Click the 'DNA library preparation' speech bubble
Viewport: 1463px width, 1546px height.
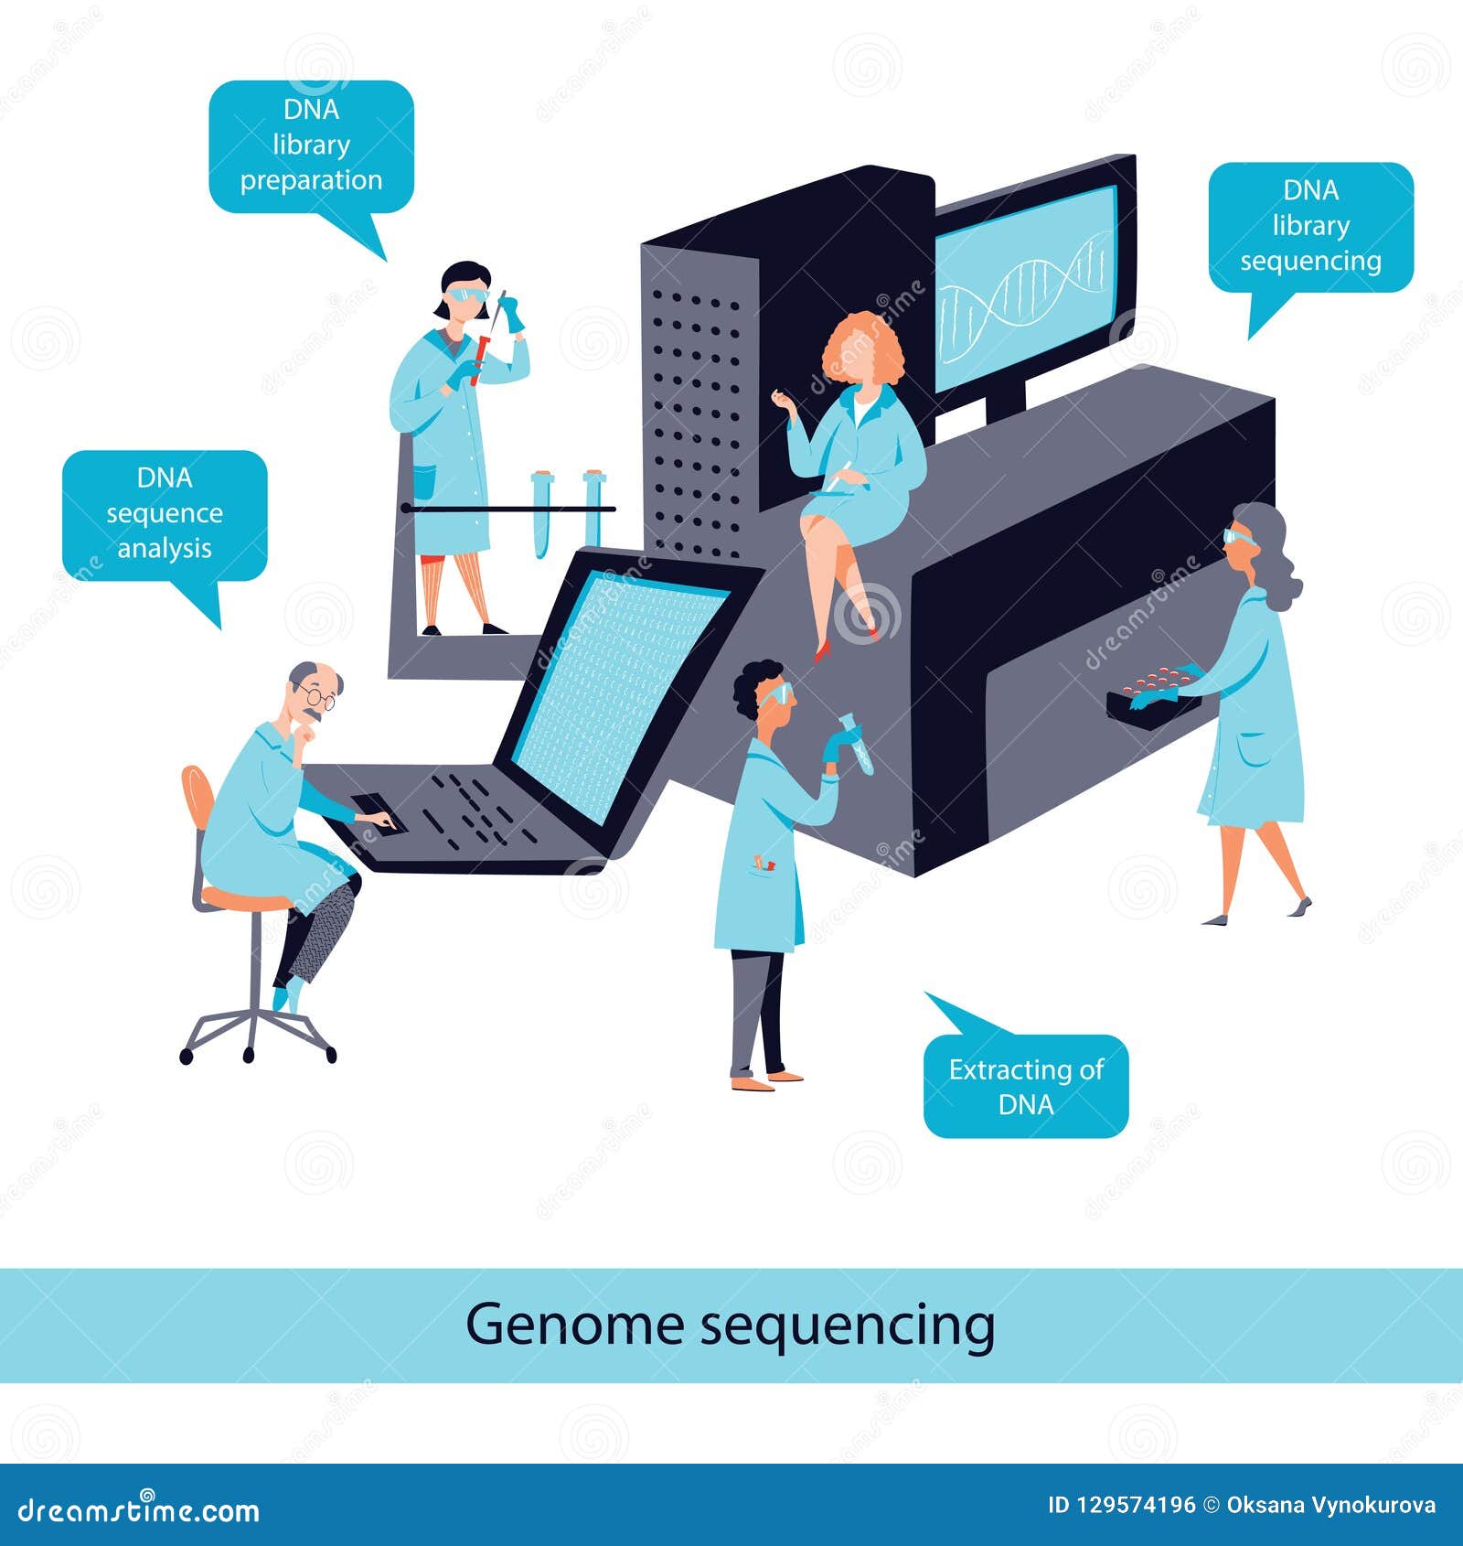pos(311,145)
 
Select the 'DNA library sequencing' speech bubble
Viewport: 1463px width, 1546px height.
pos(1310,226)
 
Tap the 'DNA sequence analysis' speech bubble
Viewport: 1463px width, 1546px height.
pos(165,513)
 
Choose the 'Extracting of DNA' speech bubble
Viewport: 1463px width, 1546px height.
pos(1026,1086)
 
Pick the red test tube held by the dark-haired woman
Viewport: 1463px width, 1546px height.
pos(480,358)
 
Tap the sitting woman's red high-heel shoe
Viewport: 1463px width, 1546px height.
pos(820,650)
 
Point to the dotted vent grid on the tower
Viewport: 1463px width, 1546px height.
pos(695,421)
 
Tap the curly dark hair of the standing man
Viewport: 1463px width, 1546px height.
pos(754,682)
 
